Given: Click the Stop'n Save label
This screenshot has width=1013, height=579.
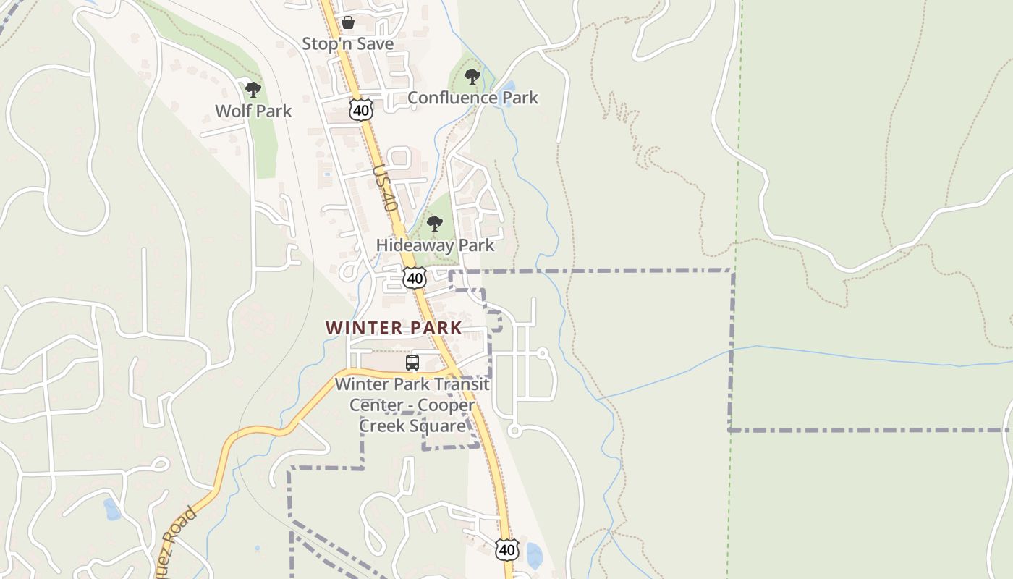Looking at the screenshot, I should tap(347, 44).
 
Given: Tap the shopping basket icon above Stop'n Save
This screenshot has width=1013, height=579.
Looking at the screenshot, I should tap(348, 22).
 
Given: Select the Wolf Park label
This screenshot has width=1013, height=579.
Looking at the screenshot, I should tap(253, 111).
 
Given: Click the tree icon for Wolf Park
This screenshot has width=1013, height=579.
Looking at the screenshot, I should tap(253, 90).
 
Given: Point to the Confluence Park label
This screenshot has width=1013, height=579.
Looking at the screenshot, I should tap(472, 98).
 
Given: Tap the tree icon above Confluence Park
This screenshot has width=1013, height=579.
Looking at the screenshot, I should tap(472, 76).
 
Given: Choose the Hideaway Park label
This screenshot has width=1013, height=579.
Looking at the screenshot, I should tap(435, 245).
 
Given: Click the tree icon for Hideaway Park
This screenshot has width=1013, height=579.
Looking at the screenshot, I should tap(434, 224).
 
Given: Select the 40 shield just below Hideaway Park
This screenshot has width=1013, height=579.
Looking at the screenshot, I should tap(415, 278).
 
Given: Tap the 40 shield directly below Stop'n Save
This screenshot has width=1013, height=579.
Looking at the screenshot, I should tap(360, 110).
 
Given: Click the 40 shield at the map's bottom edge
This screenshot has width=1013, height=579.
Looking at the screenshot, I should tap(507, 550).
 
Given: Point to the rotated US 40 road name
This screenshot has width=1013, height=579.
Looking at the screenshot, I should tap(386, 187).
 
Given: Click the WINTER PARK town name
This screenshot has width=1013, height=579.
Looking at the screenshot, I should tap(394, 328).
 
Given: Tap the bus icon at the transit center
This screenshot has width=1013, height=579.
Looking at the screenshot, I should tap(412, 363).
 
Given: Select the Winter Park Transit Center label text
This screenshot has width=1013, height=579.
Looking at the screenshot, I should tap(412, 405).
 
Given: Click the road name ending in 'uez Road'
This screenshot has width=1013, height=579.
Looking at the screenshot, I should tap(174, 539).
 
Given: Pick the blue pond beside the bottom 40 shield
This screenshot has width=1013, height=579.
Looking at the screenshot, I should tap(534, 555).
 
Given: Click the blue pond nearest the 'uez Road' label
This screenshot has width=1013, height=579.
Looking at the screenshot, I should tap(111, 509).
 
